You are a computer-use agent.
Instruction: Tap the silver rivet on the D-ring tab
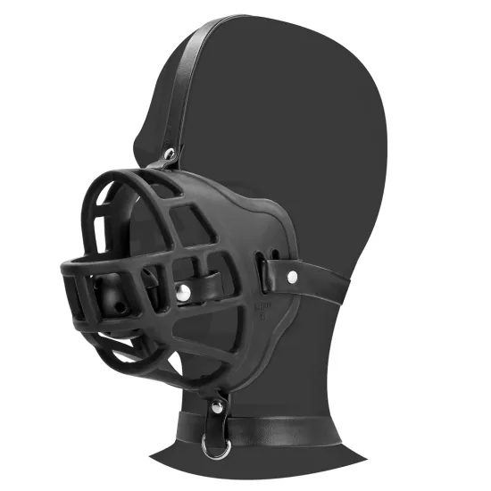tap(216, 408)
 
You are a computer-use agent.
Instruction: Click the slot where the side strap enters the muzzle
tap(261, 266)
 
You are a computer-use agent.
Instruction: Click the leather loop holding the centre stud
tap(201, 290)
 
